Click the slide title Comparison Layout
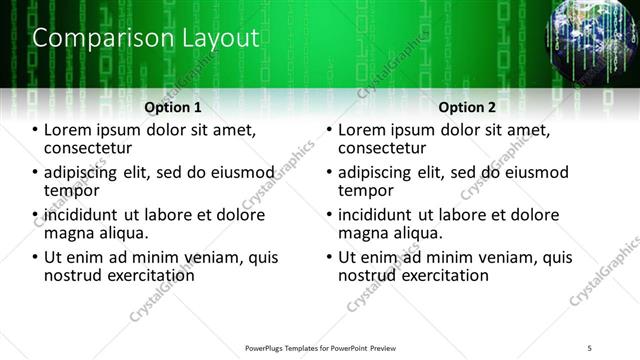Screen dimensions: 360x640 [x=146, y=39]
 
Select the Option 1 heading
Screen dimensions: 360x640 [x=173, y=107]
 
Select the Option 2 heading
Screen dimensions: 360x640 [x=466, y=107]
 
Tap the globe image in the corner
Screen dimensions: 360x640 [x=593, y=38]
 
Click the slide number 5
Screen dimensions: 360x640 [x=591, y=348]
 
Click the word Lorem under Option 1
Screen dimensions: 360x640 [x=68, y=130]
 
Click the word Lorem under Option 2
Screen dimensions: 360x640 [x=362, y=130]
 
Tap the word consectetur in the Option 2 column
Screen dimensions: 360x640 [x=390, y=149]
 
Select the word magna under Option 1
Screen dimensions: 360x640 [x=69, y=233]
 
